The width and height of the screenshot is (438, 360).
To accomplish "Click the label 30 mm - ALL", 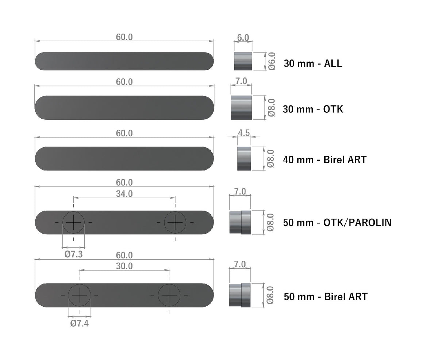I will [313, 64].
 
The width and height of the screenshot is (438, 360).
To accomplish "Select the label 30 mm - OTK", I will [313, 109].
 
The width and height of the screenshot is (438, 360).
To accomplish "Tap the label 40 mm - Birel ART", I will [324, 160].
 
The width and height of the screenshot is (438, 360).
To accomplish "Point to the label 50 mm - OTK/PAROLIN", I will [337, 222].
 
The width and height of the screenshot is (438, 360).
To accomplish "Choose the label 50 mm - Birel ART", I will [326, 296].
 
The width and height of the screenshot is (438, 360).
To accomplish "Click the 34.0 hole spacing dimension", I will [124, 194].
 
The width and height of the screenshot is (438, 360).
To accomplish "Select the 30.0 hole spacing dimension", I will [124, 266].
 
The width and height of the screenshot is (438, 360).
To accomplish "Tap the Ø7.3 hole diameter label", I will [73, 254].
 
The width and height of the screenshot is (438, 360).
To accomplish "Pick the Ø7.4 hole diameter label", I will [79, 323].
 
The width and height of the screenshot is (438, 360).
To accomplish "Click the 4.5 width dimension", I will [243, 133].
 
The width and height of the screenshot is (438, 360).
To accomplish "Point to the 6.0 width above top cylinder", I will [243, 38].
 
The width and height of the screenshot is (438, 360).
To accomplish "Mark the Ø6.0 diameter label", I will [272, 61].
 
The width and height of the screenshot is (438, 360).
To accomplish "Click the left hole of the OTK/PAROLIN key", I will [74, 222].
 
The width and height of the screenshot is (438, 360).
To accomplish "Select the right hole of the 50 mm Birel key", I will [169, 294].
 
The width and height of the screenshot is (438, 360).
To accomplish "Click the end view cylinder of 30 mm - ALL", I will [243, 61].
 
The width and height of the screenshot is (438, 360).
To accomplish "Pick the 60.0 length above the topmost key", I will [124, 37].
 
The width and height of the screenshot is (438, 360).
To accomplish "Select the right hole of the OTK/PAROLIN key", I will [175, 222].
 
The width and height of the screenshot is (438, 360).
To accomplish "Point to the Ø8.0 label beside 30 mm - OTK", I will [271, 107].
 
